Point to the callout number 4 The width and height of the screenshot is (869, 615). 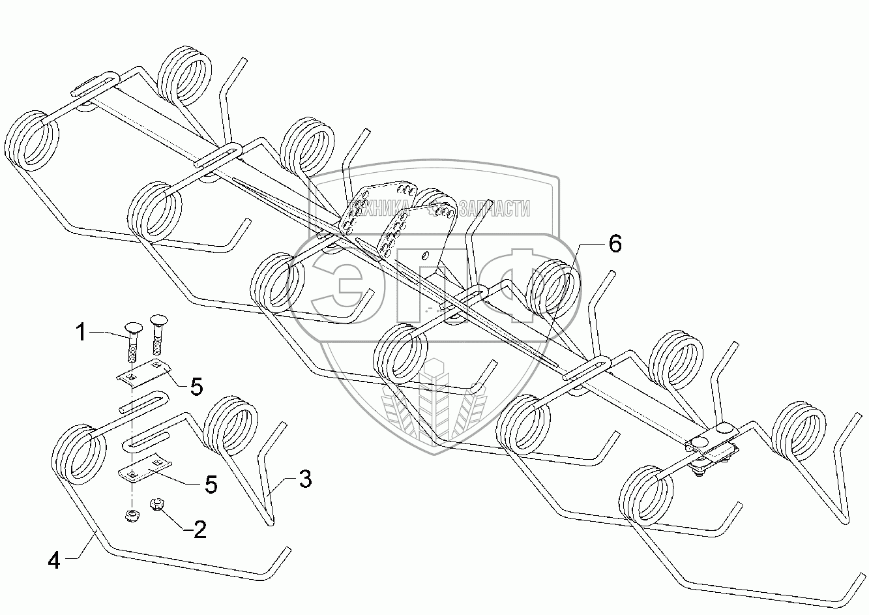54,560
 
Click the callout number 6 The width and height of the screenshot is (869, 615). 615,244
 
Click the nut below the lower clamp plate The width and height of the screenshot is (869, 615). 131,516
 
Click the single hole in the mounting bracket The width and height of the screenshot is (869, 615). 425,255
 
